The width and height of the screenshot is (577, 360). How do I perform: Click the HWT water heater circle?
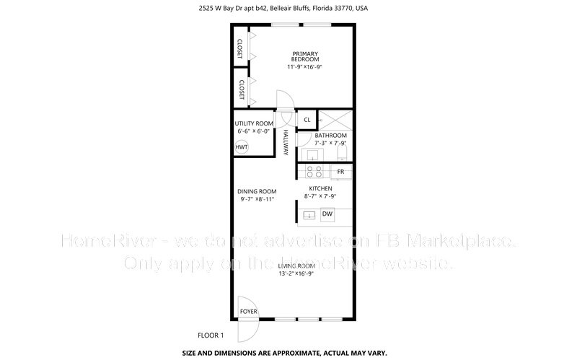(242, 147)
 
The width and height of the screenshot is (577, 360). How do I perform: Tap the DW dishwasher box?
(327, 214)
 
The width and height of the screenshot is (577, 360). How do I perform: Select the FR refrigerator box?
(340, 172)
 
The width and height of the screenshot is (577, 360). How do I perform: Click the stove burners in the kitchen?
(314, 172)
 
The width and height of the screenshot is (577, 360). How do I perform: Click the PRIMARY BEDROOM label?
(304, 56)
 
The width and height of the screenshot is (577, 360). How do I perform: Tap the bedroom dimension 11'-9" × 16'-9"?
(304, 67)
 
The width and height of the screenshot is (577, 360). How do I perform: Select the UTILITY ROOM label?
(253, 123)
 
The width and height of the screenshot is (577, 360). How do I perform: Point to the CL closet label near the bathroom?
(307, 120)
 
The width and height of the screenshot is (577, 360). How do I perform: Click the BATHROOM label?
(331, 136)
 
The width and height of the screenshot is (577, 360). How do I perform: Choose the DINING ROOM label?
(257, 191)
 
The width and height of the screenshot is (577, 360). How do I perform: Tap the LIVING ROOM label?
(297, 266)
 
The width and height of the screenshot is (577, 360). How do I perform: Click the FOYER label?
(249, 312)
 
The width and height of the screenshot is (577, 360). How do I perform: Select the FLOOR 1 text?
(211, 335)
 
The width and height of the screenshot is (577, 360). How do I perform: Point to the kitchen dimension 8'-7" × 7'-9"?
(320, 196)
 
